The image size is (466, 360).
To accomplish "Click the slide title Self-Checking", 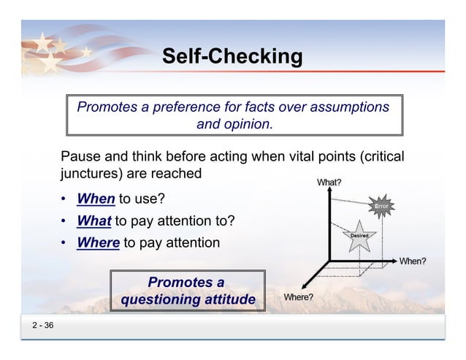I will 232,56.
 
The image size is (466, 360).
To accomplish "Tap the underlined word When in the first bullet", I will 96,199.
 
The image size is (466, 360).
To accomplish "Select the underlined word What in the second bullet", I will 94,221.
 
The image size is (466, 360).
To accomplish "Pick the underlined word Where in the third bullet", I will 98,242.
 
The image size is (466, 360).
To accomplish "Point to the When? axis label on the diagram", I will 413,261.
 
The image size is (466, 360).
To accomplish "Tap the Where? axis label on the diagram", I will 298,297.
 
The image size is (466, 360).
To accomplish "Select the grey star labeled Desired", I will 359,236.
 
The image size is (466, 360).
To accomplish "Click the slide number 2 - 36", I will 42,326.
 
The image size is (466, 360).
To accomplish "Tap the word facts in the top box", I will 254,107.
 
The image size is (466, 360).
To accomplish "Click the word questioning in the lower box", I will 161,299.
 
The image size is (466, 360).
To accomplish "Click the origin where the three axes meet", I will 330,260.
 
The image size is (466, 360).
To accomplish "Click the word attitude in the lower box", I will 229,299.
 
